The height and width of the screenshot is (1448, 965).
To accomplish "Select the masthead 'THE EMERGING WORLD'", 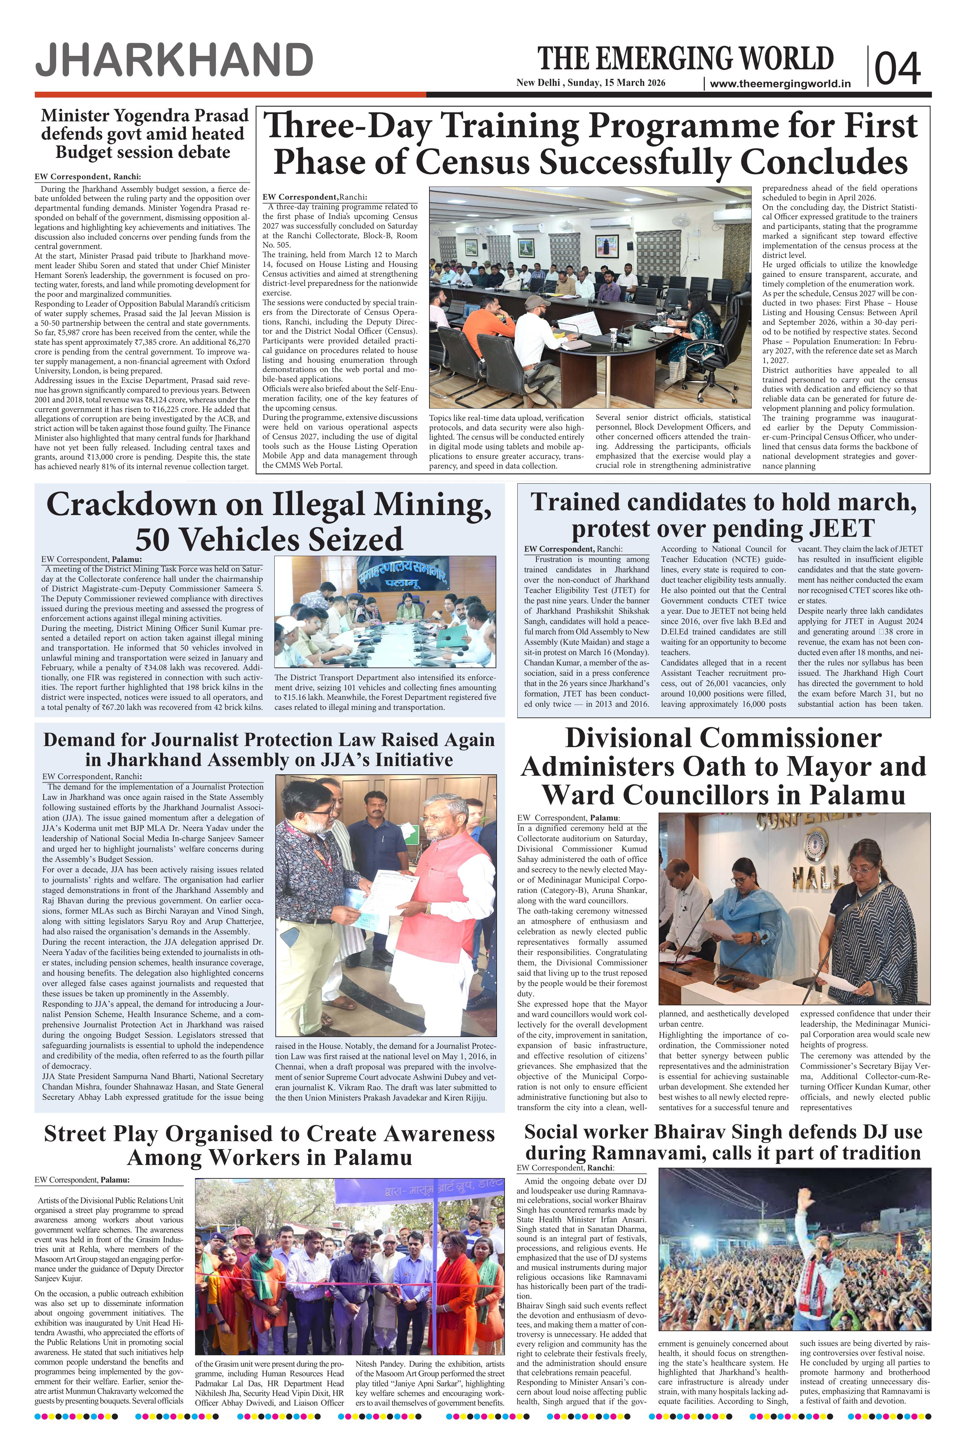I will (685, 59).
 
